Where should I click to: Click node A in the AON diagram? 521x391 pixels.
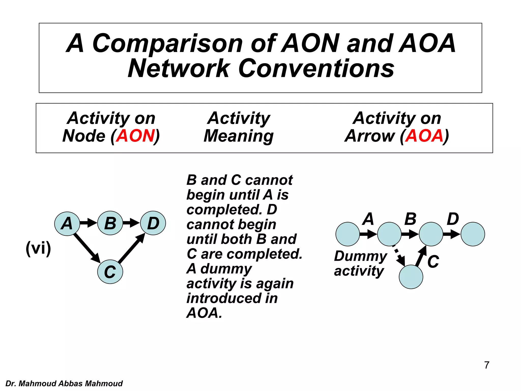67,224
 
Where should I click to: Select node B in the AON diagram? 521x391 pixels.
110,223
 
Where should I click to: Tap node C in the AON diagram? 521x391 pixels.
110,272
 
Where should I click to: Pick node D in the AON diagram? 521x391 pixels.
153,223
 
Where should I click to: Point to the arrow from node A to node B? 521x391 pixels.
88,223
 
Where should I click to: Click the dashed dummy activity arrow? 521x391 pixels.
399,256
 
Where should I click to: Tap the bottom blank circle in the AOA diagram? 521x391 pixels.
411,277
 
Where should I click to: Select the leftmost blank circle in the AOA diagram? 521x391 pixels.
348,234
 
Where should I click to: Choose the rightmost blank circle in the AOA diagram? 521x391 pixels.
473,234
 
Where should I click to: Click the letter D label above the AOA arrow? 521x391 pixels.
453,219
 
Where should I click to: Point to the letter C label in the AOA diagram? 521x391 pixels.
433,262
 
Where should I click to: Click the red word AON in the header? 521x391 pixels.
136,136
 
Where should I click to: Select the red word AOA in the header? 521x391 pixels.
424,136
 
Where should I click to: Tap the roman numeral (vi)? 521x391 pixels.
38,248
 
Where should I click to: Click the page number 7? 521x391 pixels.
487,365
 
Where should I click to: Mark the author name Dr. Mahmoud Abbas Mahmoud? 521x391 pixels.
64,383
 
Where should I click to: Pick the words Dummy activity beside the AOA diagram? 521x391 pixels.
360,263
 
